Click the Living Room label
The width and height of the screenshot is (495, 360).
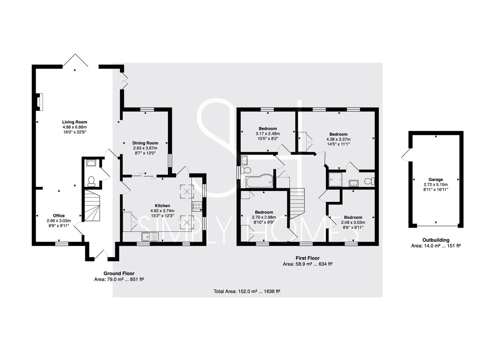[x=75, y=122]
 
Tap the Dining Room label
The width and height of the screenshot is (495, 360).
[x=145, y=143]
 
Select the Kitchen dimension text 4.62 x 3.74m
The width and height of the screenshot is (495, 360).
[x=162, y=211]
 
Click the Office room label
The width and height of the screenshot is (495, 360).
[x=59, y=216]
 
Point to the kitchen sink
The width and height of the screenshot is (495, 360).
[x=150, y=237]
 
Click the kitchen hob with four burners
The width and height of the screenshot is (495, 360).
[x=197, y=206]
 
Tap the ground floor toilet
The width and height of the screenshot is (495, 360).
[x=91, y=181]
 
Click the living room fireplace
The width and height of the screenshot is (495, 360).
[x=40, y=102]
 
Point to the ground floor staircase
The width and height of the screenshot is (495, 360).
[x=92, y=206]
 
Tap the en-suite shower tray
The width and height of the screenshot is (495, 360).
[x=335, y=180]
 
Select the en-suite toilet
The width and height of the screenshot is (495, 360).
[x=369, y=181]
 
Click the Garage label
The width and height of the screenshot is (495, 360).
[x=436, y=179]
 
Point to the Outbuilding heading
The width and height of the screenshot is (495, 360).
[x=436, y=240]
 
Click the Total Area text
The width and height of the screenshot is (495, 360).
[x=247, y=291]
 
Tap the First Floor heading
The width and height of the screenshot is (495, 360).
[x=308, y=258]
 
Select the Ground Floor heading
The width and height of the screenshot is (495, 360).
[x=119, y=273]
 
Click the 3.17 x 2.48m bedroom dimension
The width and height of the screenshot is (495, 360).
[x=268, y=133]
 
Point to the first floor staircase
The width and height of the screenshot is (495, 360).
[x=297, y=203]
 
